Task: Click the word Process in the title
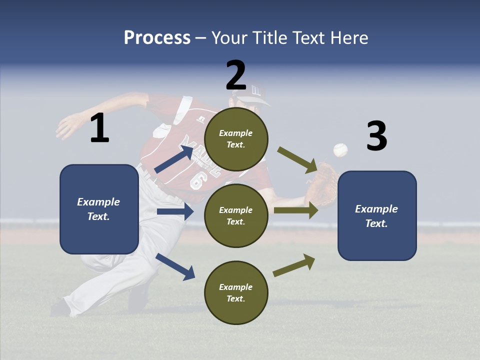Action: point(157,37)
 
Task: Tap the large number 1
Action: point(99,128)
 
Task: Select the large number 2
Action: point(236,75)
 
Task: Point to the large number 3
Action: point(376,136)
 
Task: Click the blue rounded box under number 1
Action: point(99,209)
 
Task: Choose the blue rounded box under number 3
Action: point(377,215)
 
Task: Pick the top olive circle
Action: point(236,139)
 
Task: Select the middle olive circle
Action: point(236,215)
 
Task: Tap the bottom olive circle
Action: point(236,292)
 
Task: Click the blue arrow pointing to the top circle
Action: point(174,159)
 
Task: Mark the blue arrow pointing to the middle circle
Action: point(175,211)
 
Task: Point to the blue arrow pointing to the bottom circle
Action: point(175,266)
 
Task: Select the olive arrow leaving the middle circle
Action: point(296,210)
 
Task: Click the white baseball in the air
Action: point(340,149)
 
